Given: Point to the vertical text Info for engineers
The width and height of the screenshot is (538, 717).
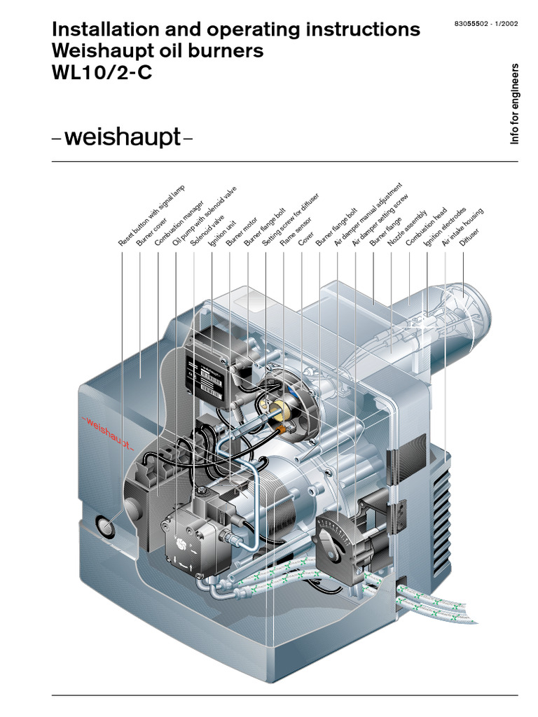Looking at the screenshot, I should coord(515,104).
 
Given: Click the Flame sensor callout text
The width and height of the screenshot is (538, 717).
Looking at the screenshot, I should coord(295,230).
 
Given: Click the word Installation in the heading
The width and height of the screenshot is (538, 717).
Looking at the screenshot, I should coord(95,29).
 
